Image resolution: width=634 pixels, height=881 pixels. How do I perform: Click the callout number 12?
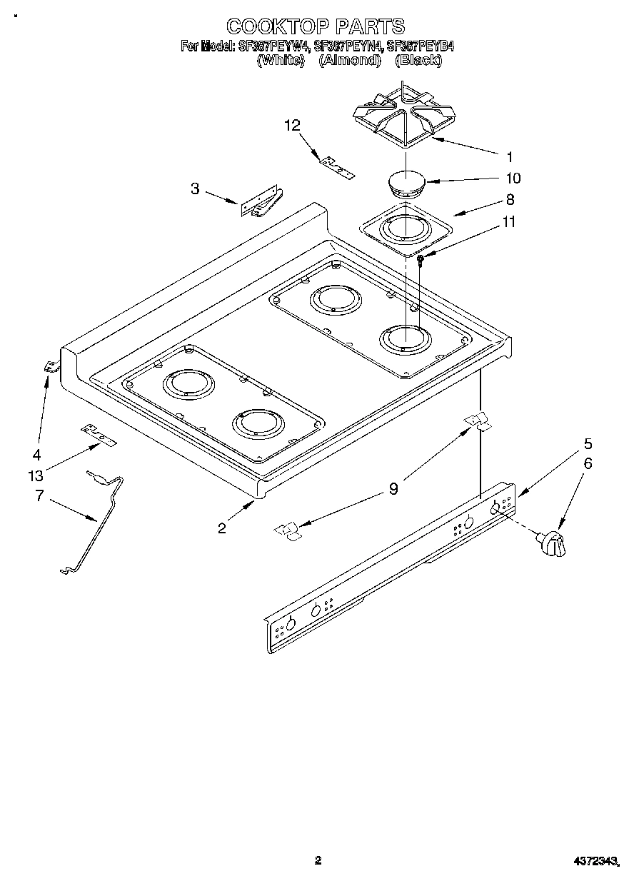(292, 125)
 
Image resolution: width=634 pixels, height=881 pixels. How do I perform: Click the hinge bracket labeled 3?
(261, 203)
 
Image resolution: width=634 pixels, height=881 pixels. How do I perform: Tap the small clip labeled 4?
(51, 367)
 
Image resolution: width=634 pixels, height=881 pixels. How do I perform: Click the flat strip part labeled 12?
(336, 167)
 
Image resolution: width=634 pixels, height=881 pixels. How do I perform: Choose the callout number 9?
(393, 489)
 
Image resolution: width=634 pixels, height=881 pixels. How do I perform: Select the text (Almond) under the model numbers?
(348, 61)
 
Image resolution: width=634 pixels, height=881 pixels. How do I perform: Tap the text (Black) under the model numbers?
(418, 61)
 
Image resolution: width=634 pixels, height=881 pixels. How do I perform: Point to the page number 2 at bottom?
(318, 860)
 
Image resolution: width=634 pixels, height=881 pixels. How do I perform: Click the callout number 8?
(510, 200)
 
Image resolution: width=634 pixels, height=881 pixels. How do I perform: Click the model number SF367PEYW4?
(273, 47)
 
